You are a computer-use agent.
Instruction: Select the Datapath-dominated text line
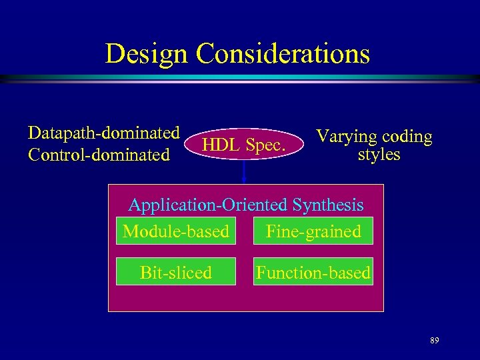(x=104, y=132)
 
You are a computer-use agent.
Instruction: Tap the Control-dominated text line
(x=99, y=155)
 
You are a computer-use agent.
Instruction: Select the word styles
(x=379, y=155)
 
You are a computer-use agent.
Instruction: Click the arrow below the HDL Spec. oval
(x=245, y=174)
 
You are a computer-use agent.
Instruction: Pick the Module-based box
(x=176, y=231)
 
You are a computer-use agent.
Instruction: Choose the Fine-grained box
(x=313, y=231)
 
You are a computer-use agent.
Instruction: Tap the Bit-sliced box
(x=176, y=272)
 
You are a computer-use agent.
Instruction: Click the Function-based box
(x=313, y=272)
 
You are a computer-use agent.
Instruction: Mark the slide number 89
(x=434, y=341)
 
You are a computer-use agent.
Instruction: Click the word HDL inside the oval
(x=222, y=145)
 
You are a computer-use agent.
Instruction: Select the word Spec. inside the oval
(x=266, y=145)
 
